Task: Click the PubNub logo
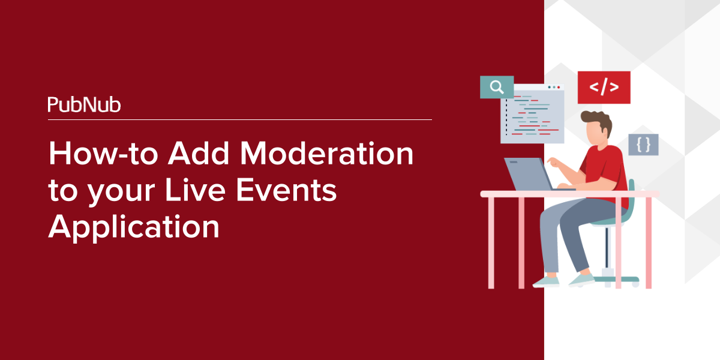pyautogui.click(x=84, y=105)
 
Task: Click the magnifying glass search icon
pyautogui.click(x=497, y=88)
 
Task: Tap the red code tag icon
pyautogui.click(x=604, y=88)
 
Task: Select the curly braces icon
pyautogui.click(x=643, y=145)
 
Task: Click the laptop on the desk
pyautogui.click(x=528, y=173)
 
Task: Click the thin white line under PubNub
pyautogui.click(x=240, y=120)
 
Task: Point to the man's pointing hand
pyautogui.click(x=556, y=163)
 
